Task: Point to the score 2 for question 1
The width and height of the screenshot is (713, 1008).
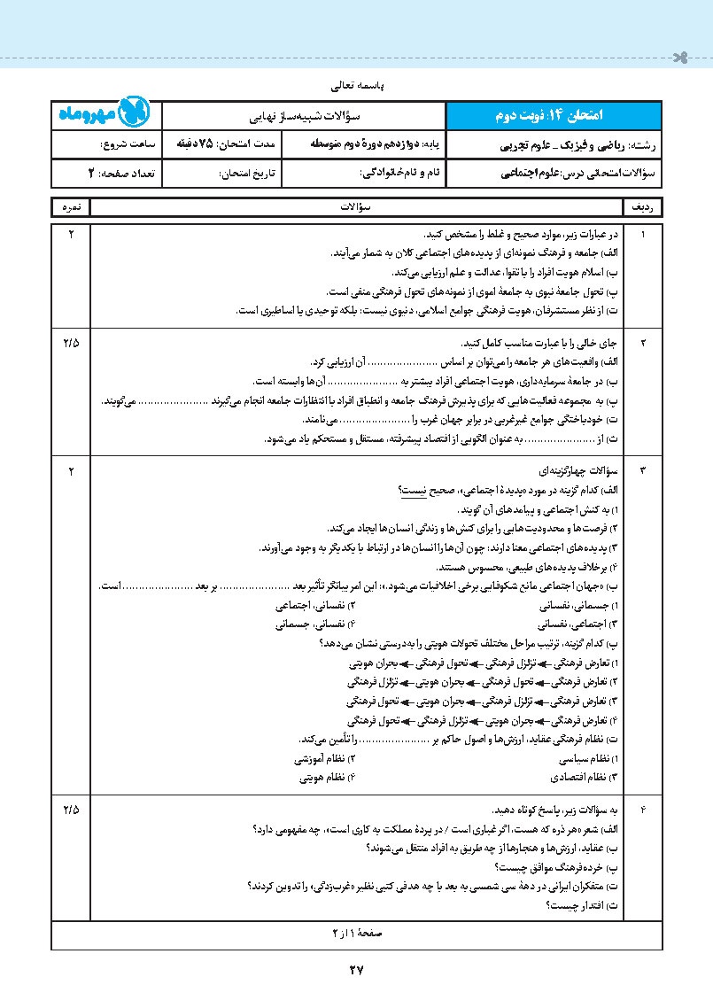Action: [71, 234]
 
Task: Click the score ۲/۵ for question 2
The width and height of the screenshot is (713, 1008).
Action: [71, 342]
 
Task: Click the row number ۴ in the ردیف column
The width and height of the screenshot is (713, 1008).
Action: [643, 810]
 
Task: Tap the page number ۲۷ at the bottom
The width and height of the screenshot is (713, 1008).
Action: [356, 970]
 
